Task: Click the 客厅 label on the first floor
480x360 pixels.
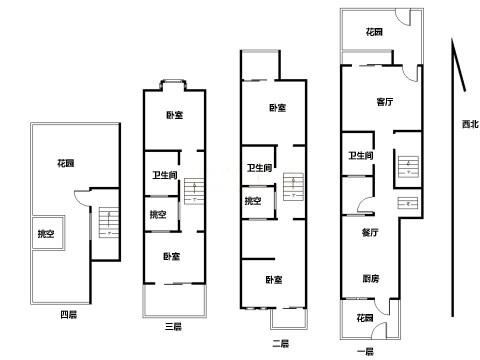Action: point(385,101)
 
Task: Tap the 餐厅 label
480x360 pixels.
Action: point(370,232)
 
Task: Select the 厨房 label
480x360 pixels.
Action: point(370,278)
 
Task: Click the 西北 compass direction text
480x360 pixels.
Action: point(470,124)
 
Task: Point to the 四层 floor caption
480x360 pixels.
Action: point(68,314)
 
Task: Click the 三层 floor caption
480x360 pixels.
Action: point(173,326)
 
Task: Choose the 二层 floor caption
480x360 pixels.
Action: point(280,343)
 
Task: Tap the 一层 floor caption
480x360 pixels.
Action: point(365,351)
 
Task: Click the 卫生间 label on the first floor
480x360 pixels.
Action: point(361,155)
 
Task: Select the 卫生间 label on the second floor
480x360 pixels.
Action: point(259,168)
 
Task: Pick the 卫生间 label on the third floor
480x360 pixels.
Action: point(165,175)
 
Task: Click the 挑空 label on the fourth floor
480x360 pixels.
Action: point(46,234)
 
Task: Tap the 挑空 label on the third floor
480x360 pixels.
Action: point(158,214)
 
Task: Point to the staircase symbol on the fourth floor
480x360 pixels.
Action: point(108,222)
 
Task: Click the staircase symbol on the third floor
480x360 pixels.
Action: point(194,191)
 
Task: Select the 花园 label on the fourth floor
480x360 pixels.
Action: point(65,163)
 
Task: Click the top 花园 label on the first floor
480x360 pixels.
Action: point(374,32)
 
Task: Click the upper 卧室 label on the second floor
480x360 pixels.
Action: point(277,108)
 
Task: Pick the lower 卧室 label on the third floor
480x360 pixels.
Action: point(171,256)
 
